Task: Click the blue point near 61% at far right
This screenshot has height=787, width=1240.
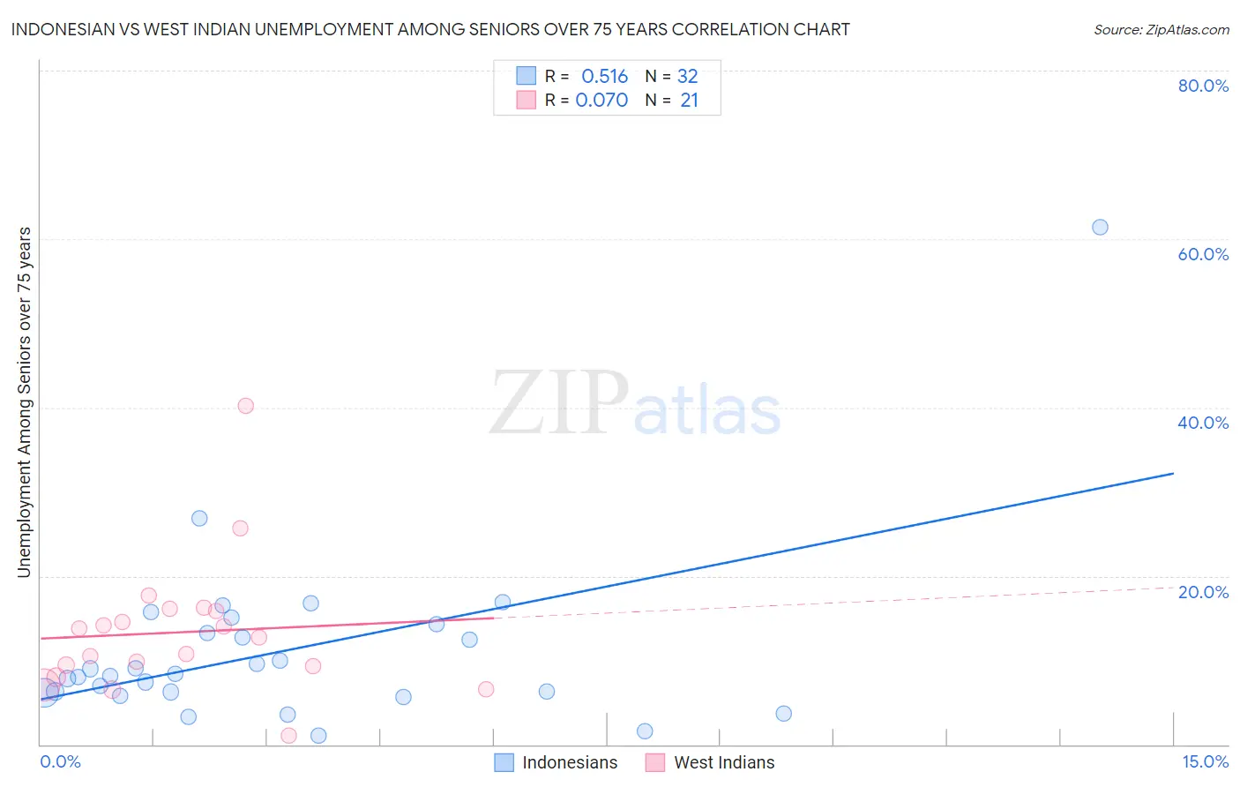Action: (1100, 227)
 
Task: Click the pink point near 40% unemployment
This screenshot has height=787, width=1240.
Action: (246, 406)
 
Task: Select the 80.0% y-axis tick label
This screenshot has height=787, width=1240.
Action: (1203, 86)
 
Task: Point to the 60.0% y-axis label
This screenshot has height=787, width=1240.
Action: (1203, 254)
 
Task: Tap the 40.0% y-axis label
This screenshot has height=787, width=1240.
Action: (1203, 423)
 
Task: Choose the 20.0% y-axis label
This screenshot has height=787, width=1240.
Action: (1203, 592)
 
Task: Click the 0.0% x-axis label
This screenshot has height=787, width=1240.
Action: (60, 761)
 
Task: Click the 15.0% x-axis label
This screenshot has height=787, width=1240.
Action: (1205, 761)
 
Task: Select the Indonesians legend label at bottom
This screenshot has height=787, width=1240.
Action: (570, 762)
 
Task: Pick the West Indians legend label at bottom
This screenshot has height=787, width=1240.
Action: (724, 762)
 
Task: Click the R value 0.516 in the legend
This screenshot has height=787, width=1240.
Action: (604, 77)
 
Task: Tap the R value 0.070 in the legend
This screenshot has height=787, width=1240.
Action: (601, 101)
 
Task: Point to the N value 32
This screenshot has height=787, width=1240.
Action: (688, 77)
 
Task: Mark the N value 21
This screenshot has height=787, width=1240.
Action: (689, 101)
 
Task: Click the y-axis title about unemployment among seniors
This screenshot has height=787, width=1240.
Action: (24, 402)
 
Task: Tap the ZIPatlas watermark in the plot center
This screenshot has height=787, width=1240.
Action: (635, 403)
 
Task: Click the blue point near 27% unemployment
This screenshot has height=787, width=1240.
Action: (199, 518)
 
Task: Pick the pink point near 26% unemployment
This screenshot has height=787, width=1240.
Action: (240, 528)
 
